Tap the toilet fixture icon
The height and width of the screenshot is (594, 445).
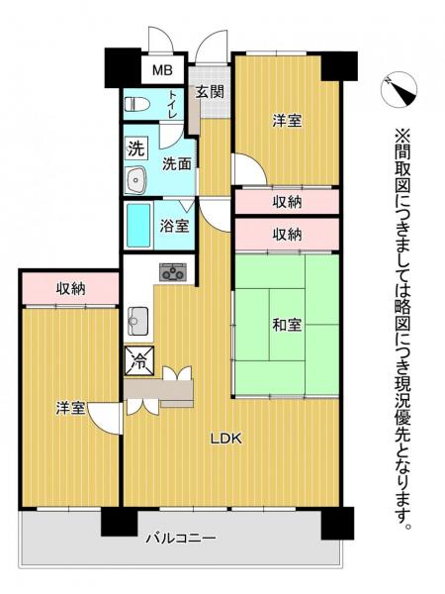click(136, 102)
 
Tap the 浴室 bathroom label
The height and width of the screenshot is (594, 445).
click(176, 225)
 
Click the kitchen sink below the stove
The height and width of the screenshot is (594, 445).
click(137, 319)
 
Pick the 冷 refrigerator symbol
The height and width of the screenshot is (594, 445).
click(136, 360)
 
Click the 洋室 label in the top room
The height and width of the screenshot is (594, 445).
click(287, 121)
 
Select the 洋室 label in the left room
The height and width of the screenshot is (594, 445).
click(70, 408)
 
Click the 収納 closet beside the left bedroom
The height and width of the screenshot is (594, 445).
click(70, 288)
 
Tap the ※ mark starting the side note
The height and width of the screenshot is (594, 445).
click(403, 135)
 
